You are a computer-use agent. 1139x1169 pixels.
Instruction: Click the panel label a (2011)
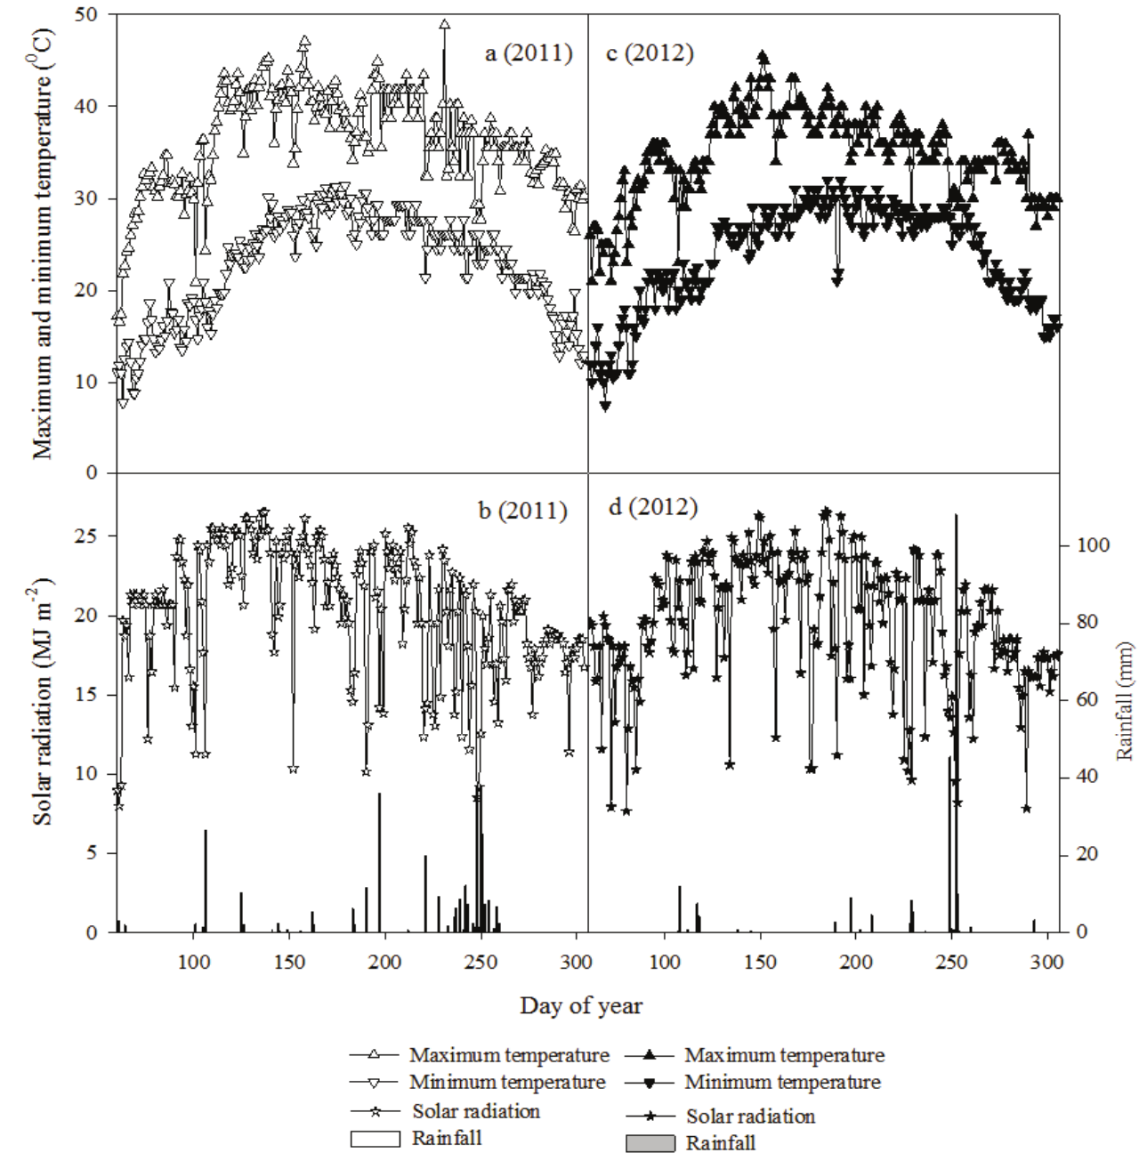528,53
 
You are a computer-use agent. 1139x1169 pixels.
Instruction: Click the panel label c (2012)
649,53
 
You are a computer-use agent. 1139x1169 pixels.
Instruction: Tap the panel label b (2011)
522,511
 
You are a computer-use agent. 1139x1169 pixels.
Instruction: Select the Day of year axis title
581,1006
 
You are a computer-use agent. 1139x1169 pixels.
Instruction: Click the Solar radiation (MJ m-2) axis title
43,701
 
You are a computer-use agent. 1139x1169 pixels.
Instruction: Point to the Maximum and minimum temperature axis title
43,243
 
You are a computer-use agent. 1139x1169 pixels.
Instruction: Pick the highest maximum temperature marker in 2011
444,26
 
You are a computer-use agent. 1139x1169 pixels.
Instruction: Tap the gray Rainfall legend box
650,1143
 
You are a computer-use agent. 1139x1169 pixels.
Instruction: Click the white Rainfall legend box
375,1139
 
